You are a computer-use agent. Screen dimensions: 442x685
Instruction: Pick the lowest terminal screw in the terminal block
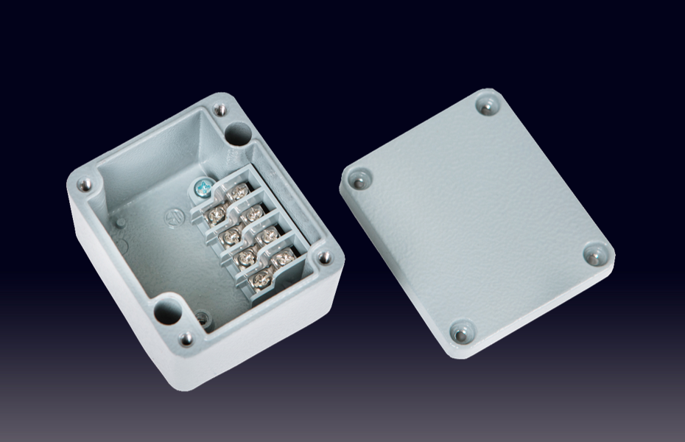pos(259,280)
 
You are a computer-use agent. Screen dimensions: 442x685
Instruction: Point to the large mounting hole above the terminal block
pos(238,134)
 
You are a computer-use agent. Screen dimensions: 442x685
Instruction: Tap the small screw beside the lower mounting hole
pos(203,319)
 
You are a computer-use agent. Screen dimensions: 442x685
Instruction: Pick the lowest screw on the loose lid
pos(461,334)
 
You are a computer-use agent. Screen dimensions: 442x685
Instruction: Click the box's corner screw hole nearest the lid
pos(323,257)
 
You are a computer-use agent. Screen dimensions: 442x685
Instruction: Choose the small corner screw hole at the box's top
pos(219,110)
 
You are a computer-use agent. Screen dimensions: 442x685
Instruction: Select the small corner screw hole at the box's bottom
pos(187,338)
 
